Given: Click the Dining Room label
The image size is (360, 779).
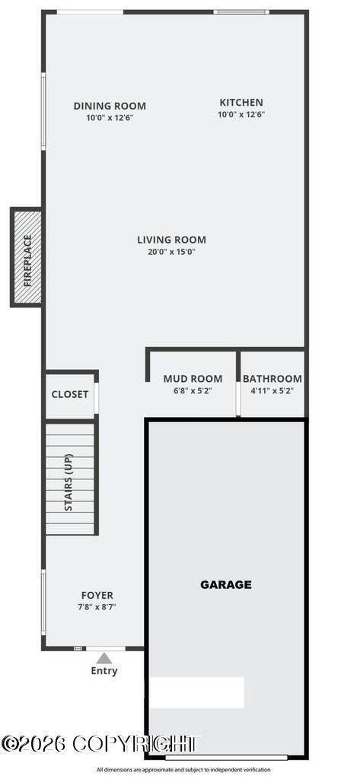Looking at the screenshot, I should point(110,107).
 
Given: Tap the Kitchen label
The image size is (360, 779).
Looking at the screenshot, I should point(241,103).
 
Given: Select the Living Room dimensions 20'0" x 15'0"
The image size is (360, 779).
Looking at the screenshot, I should point(171,252).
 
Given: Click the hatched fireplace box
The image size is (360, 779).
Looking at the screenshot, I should point(27,258).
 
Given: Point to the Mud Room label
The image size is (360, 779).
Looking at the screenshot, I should point(193,379).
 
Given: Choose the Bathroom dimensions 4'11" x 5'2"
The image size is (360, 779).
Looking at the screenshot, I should point(272,390).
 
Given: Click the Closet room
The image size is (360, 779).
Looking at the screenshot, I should point(70,395).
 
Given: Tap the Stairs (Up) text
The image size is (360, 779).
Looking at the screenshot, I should point(68,482).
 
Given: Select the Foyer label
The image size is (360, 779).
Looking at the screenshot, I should point(97,596).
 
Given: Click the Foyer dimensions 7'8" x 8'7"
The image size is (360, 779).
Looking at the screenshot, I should point(97,607).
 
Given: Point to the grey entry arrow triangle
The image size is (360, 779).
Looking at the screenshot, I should point(104,658).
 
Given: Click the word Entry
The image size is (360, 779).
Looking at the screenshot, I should point(104,671).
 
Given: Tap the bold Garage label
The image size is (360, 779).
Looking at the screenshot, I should point(225,585).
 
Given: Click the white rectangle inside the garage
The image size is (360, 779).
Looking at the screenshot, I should point(196,692).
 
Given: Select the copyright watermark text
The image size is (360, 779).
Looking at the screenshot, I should point(99,744).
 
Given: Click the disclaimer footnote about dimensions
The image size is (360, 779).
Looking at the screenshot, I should point(183,769).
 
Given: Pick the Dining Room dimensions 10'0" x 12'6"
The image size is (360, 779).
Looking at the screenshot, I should point(110,118).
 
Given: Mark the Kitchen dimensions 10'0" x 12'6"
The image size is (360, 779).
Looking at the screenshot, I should point(241,114).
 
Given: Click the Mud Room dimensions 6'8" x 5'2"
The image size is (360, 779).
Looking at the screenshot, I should point(193,390).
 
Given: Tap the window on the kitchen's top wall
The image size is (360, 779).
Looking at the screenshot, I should point(241,12).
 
